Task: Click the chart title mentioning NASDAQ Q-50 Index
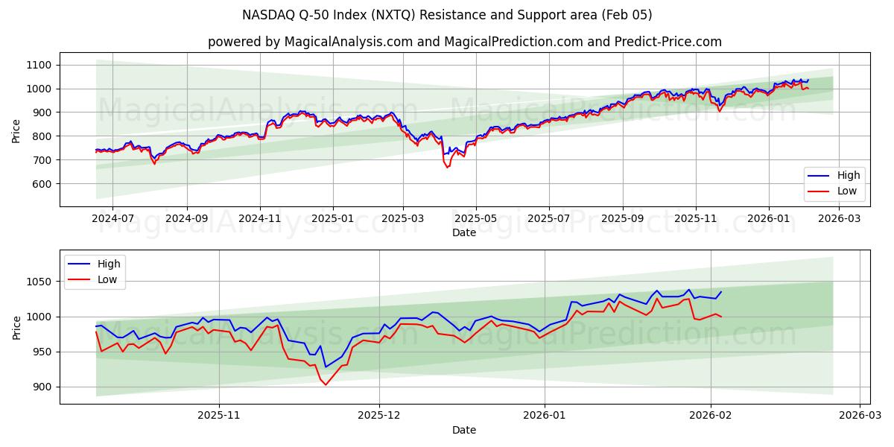[447, 15]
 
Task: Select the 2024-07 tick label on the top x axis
[112, 219]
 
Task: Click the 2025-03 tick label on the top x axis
[403, 219]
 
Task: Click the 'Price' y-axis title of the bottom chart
[16, 326]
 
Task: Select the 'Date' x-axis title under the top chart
[464, 232]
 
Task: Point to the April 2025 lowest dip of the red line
[447, 167]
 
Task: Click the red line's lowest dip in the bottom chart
[326, 384]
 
